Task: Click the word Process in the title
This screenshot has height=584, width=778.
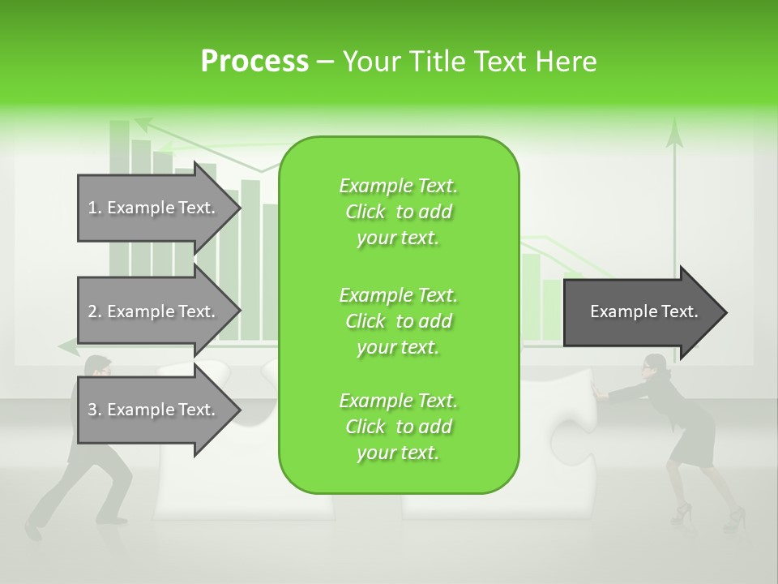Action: coord(254,62)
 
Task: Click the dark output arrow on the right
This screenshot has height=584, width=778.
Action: coord(644,312)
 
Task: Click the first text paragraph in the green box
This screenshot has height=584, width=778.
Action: coord(398,212)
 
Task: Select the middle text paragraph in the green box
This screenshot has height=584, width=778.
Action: coord(398,321)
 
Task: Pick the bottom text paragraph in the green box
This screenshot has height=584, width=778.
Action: coord(398,427)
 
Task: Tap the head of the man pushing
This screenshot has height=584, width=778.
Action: coord(98,367)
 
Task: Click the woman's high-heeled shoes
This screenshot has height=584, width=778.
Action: coord(681,513)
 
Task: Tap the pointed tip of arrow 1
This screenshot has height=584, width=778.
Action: coord(240,208)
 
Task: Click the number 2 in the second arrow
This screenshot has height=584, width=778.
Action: coord(92,311)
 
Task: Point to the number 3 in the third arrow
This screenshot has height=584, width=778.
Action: coord(92,410)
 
